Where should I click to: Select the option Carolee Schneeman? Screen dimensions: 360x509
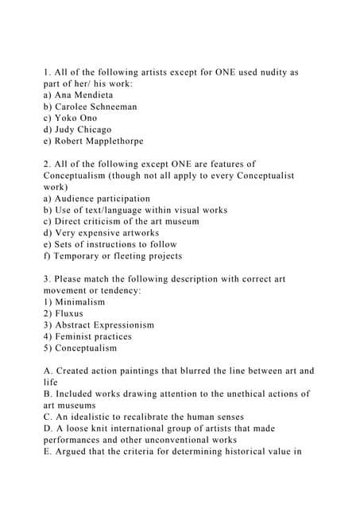click(x=96, y=107)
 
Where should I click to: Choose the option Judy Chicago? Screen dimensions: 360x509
click(x=83, y=130)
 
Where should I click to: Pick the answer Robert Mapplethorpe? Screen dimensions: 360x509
click(x=99, y=141)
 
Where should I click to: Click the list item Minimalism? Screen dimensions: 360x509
click(x=79, y=302)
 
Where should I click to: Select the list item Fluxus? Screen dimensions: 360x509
click(x=69, y=313)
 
